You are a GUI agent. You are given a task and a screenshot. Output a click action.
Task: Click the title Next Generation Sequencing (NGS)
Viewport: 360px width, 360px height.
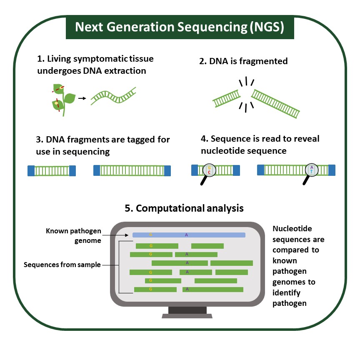pyautogui.click(x=180, y=27)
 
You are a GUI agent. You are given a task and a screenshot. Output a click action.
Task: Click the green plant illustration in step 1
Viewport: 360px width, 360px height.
pyautogui.click(x=62, y=99)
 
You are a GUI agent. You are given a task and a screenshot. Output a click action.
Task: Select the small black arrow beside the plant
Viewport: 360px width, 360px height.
pyautogui.click(x=82, y=99)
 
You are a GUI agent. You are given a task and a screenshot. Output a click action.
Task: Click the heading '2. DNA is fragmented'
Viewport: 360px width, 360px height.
pyautogui.click(x=243, y=61)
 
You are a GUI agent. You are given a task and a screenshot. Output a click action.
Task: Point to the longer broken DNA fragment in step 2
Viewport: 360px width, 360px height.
pyautogui.click(x=275, y=104)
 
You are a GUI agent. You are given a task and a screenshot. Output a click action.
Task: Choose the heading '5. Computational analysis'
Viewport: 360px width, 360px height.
pyautogui.click(x=184, y=207)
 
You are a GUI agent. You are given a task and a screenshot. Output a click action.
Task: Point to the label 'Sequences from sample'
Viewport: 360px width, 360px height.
pyautogui.click(x=62, y=265)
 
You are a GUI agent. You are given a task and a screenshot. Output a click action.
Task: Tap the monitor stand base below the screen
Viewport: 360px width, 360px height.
pyautogui.click(x=187, y=315)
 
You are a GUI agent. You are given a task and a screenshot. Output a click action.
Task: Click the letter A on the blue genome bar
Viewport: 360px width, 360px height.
pyautogui.click(x=186, y=235)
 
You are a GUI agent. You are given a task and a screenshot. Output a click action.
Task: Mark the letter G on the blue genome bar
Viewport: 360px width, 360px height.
pyautogui.click(x=150, y=235)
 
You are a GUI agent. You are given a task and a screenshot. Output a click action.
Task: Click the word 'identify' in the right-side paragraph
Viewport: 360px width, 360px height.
pyautogui.click(x=286, y=292)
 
